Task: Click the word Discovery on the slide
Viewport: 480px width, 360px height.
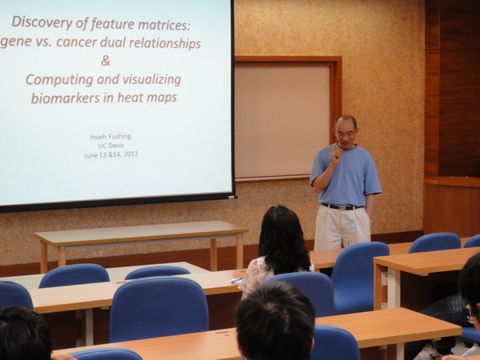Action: pyautogui.click(x=42, y=22)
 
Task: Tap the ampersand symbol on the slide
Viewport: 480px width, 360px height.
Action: pyautogui.click(x=106, y=61)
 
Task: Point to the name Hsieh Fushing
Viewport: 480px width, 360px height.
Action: pyautogui.click(x=110, y=137)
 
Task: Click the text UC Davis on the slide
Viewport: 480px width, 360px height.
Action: pyautogui.click(x=111, y=146)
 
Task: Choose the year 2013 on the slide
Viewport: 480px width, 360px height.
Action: pyautogui.click(x=130, y=154)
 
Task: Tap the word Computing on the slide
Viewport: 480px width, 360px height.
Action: pyautogui.click(x=59, y=80)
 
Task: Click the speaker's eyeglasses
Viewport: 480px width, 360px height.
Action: pyautogui.click(x=346, y=133)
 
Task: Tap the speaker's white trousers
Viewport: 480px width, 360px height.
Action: pyautogui.click(x=342, y=227)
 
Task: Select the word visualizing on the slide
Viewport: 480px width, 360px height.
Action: pyautogui.click(x=151, y=80)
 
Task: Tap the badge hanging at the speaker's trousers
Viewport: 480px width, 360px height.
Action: pyautogui.click(x=353, y=225)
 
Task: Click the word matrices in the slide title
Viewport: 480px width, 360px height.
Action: pyautogui.click(x=164, y=24)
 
